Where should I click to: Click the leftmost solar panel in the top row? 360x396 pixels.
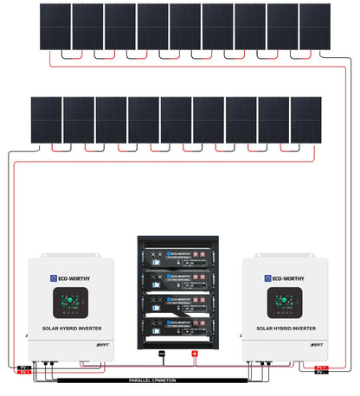click(55, 26)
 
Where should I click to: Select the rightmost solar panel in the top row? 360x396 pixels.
click(315, 26)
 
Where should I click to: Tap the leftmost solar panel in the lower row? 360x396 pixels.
click(47, 118)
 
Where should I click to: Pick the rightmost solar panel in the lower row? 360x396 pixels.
click(306, 118)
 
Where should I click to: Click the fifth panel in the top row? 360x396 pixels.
click(185, 26)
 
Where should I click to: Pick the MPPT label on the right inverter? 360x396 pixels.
click(315, 344)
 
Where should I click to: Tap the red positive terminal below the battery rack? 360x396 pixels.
click(195, 354)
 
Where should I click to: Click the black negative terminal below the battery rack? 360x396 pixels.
click(161, 354)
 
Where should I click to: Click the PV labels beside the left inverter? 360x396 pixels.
click(24, 370)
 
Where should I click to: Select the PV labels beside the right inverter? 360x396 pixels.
click(322, 370)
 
